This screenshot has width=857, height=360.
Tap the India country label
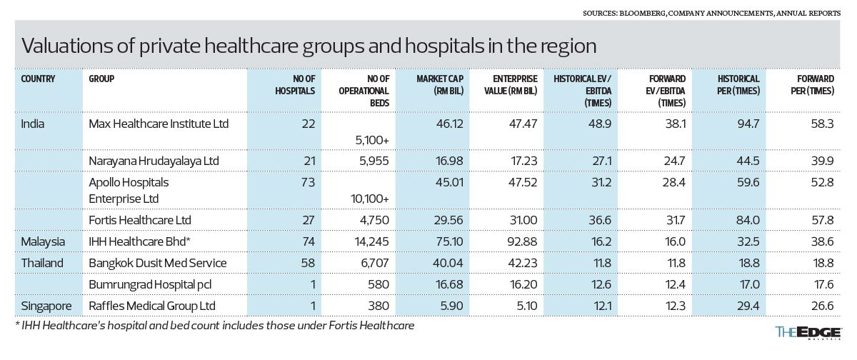pyautogui.click(x=33, y=124)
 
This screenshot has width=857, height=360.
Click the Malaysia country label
pyautogui.click(x=43, y=241)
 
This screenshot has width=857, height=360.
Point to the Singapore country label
pyautogui.click(x=46, y=306)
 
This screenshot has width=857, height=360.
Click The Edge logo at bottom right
pyautogui.click(x=810, y=332)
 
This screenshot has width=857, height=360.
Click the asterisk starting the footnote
pyautogui.click(x=16, y=325)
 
